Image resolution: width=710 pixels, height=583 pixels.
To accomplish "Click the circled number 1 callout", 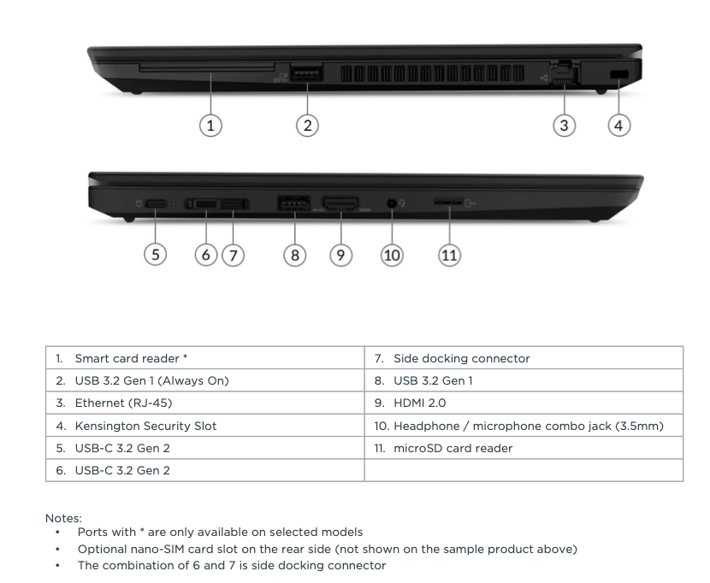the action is pos(211,124).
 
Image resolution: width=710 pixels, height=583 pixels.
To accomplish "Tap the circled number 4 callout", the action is pos(618,124).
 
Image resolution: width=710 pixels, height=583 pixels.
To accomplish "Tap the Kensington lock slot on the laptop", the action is pos(618,76).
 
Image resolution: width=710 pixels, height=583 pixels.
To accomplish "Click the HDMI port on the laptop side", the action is pos(341,204).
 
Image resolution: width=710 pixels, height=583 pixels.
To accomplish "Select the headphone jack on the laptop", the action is pos(392,204).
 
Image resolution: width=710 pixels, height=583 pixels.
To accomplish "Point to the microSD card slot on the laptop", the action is pos(448,204).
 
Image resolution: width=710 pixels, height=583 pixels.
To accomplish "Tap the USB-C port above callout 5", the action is pos(157,205).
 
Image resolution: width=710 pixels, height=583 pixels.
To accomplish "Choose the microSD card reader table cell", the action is pos(453,448).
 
